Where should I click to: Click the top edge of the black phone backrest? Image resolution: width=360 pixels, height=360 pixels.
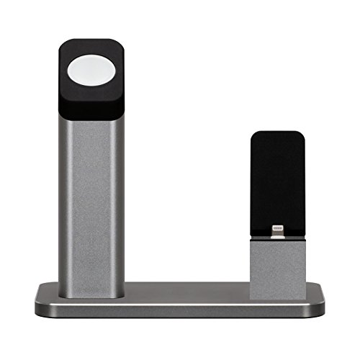pyautogui.click(x=278, y=132)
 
